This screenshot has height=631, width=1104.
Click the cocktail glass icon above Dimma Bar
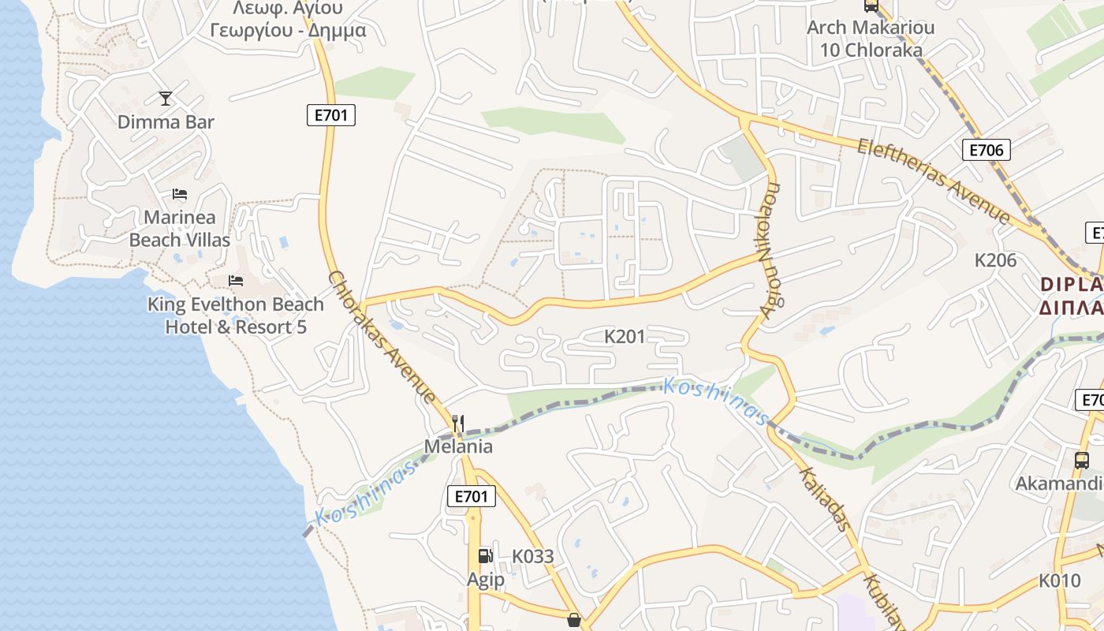point(165,98)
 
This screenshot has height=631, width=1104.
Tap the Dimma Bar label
point(166,122)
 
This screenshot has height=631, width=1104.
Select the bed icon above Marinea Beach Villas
point(180,194)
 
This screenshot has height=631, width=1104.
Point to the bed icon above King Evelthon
point(235,281)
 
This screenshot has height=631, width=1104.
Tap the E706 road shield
point(986,150)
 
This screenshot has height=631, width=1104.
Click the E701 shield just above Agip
point(472,496)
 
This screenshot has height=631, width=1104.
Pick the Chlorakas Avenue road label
point(382,337)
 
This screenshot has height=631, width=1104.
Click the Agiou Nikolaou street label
point(770,250)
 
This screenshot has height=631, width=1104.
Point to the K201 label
point(625,337)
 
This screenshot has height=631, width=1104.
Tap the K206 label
point(995,260)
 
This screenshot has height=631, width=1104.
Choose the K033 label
point(533,556)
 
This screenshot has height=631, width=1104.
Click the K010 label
point(1059,581)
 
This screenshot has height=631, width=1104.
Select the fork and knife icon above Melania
point(458,424)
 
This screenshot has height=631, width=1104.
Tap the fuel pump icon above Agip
point(485,556)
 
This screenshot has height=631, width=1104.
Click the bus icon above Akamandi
point(1082,460)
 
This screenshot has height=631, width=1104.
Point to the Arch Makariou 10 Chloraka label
point(871,39)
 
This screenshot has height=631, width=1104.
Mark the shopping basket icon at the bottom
point(574,621)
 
